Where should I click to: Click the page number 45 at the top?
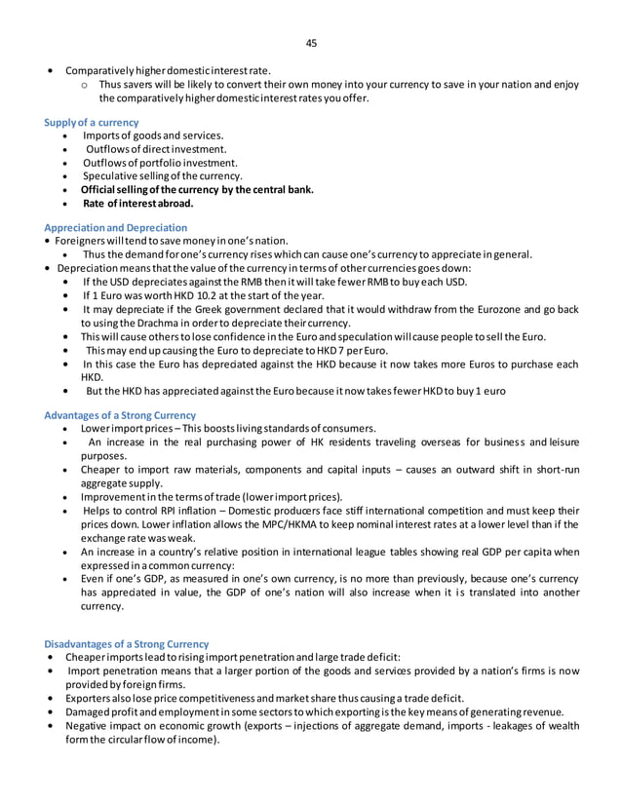click(x=311, y=43)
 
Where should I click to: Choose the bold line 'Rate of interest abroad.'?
click(x=137, y=205)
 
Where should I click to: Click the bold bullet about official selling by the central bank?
click(x=197, y=190)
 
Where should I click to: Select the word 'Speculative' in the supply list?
click(x=110, y=176)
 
